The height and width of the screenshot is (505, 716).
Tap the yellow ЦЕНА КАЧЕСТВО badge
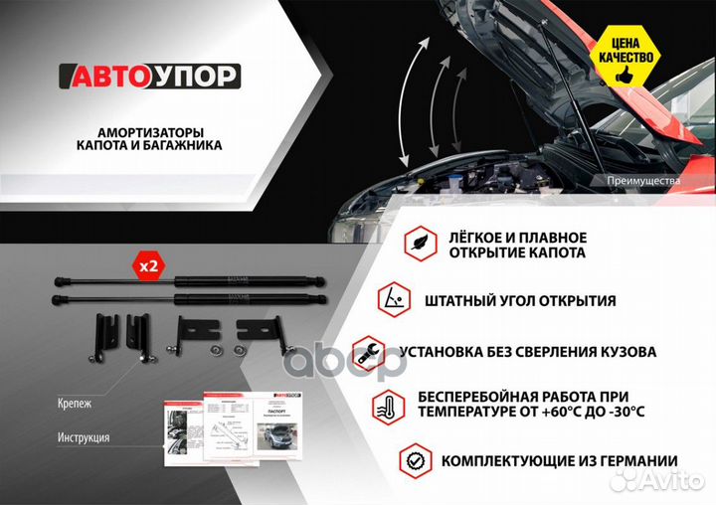(625, 50)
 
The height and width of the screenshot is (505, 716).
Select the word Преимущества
(643, 181)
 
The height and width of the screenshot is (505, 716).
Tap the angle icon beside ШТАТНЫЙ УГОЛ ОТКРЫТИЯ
(394, 299)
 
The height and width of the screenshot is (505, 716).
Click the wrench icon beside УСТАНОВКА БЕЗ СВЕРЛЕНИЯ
(369, 351)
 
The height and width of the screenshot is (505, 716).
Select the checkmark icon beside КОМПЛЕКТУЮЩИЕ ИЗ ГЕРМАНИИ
(415, 460)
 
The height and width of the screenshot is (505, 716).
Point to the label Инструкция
(85, 437)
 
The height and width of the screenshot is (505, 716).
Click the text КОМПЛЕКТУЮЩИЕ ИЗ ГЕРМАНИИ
(559, 461)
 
